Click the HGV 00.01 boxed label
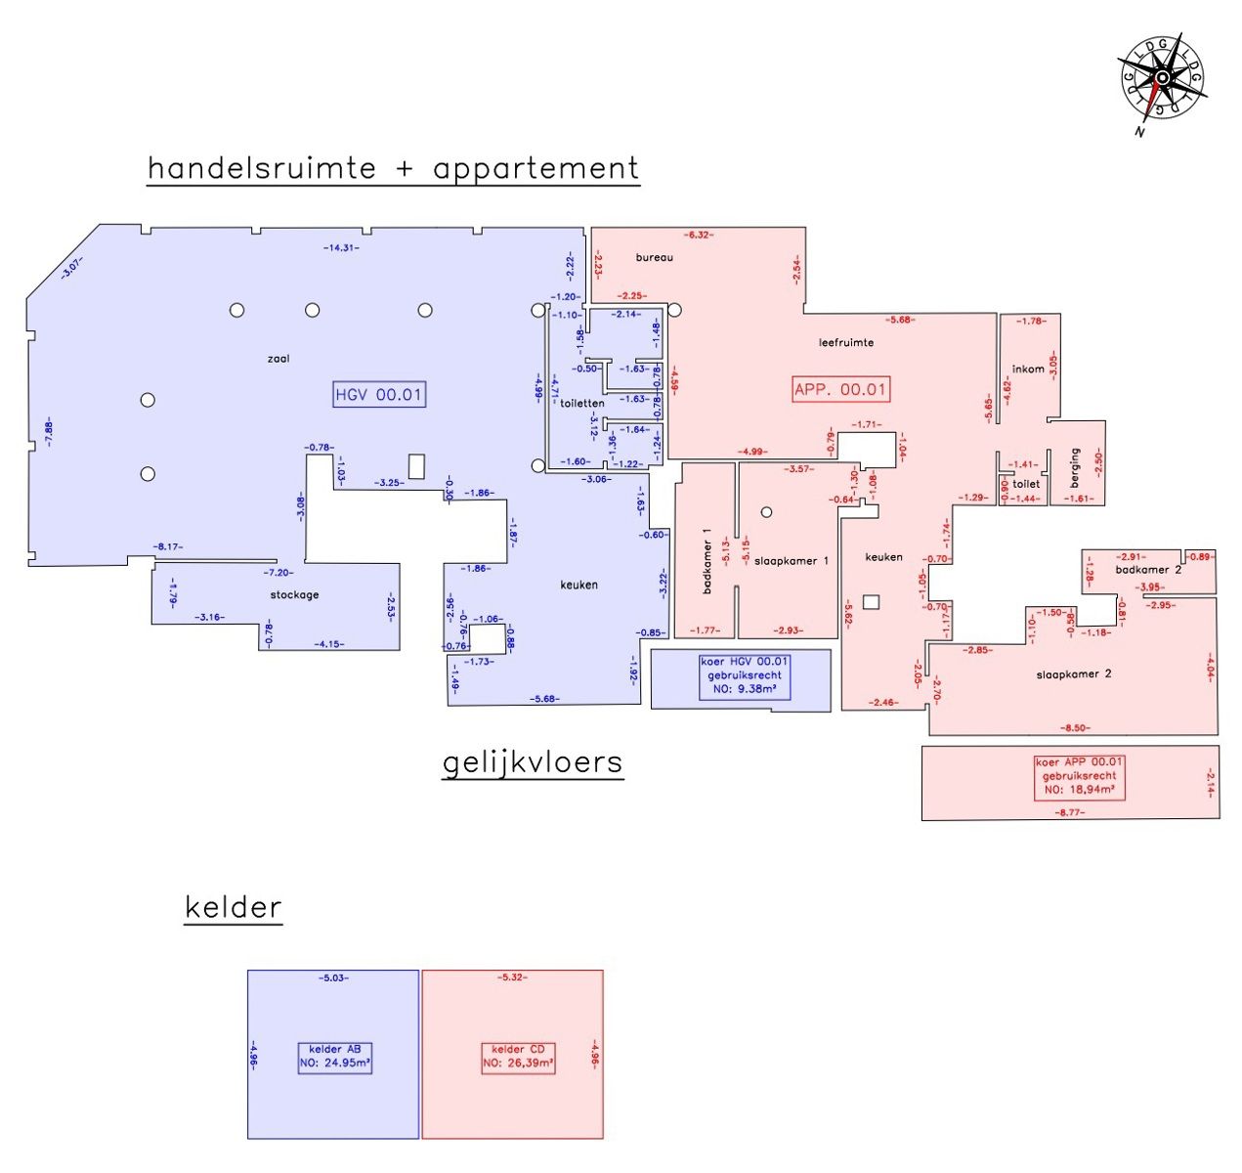379,395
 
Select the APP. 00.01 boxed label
840,389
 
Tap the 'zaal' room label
278,359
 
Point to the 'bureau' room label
654,257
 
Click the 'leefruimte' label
846,342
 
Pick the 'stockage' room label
294,594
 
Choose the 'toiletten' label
582,403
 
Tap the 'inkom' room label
1028,369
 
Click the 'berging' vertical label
1075,468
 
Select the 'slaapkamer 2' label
1074,673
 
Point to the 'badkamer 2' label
1148,569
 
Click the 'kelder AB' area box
334,1058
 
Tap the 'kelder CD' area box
518,1058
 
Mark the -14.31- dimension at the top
341,248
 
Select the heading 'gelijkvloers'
533,762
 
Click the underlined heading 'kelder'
234,907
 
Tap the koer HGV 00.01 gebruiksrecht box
745,675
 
